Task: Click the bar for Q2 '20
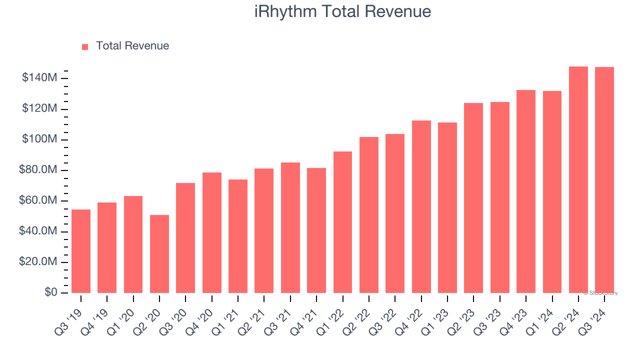point(159,254)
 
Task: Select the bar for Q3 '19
point(81,251)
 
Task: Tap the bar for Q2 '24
point(578,180)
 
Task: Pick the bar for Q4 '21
point(316,230)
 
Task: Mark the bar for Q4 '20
point(212,232)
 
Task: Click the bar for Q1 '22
point(342,222)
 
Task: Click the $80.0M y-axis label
point(39,170)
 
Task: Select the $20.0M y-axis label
point(39,262)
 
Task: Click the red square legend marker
point(85,46)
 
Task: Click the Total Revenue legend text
point(132,46)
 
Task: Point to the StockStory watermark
point(600,293)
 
